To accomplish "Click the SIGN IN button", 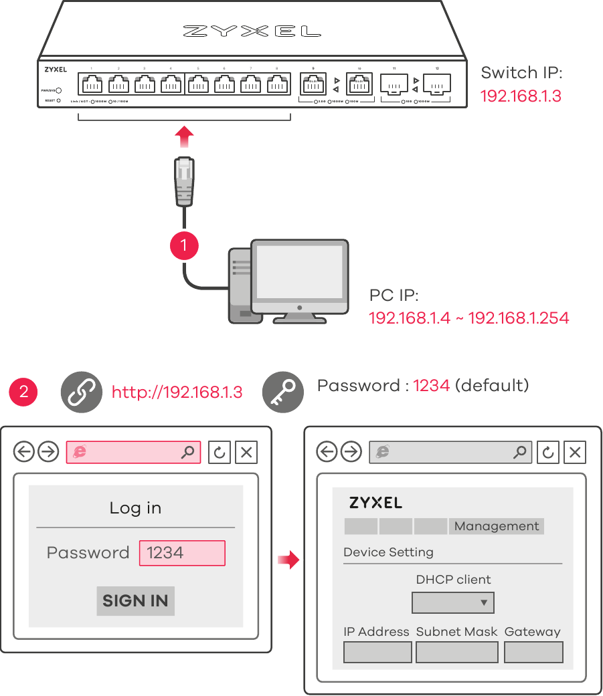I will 135,600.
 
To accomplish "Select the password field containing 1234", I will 182,553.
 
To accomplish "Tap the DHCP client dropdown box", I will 452,602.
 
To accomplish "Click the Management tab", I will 496,526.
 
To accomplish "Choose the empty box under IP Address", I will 377,652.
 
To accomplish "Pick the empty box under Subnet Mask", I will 456,652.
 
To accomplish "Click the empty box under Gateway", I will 533,652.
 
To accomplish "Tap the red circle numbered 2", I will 23,391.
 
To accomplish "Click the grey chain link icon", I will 81,392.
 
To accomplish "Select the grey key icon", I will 282,392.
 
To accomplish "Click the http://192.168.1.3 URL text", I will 177,392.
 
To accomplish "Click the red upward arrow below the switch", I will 184,138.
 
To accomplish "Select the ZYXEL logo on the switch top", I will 252,31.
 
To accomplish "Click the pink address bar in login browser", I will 133,452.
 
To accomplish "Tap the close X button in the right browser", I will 575,452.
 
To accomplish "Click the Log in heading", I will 135,508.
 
